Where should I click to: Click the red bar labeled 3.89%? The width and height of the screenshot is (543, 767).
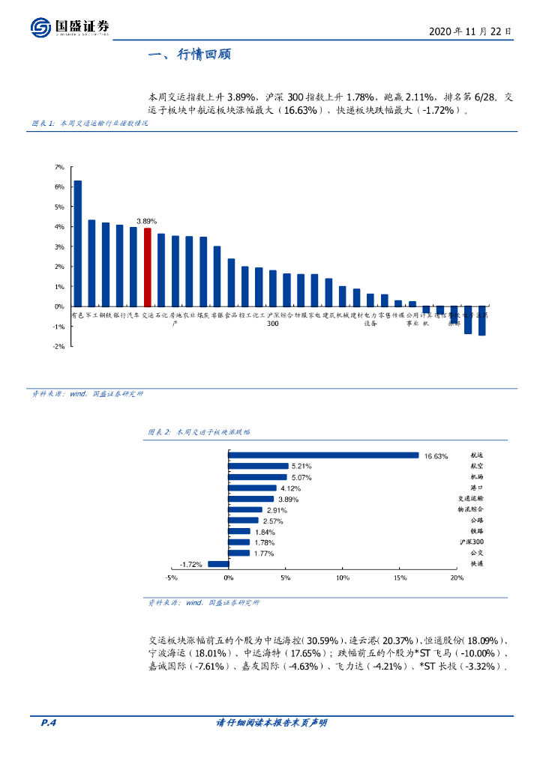coord(147,267)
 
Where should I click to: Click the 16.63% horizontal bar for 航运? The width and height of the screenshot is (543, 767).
coord(323,455)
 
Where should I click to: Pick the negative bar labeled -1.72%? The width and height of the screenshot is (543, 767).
coord(218,563)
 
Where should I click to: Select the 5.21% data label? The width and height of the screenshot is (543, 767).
coord(301,466)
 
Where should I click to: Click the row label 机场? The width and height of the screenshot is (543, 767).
coord(477,476)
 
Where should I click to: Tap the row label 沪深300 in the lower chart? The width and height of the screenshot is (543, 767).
coord(472,542)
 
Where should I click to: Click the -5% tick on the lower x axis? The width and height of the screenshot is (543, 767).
coord(171,577)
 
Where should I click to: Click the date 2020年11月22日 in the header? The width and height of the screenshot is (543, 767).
coord(470,31)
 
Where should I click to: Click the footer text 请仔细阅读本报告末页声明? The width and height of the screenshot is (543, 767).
coord(271,723)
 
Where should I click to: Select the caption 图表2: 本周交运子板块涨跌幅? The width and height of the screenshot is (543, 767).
coord(199,432)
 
